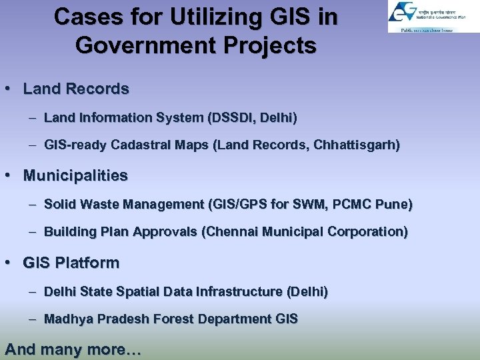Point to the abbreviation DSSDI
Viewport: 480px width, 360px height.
(231, 118)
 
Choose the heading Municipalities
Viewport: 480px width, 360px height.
(75, 176)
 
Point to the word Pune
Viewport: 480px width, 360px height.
(395, 204)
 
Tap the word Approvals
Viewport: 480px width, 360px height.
(167, 232)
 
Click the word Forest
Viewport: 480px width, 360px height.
(173, 319)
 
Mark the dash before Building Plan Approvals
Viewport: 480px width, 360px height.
(33, 232)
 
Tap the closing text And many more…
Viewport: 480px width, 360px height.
(73, 349)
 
